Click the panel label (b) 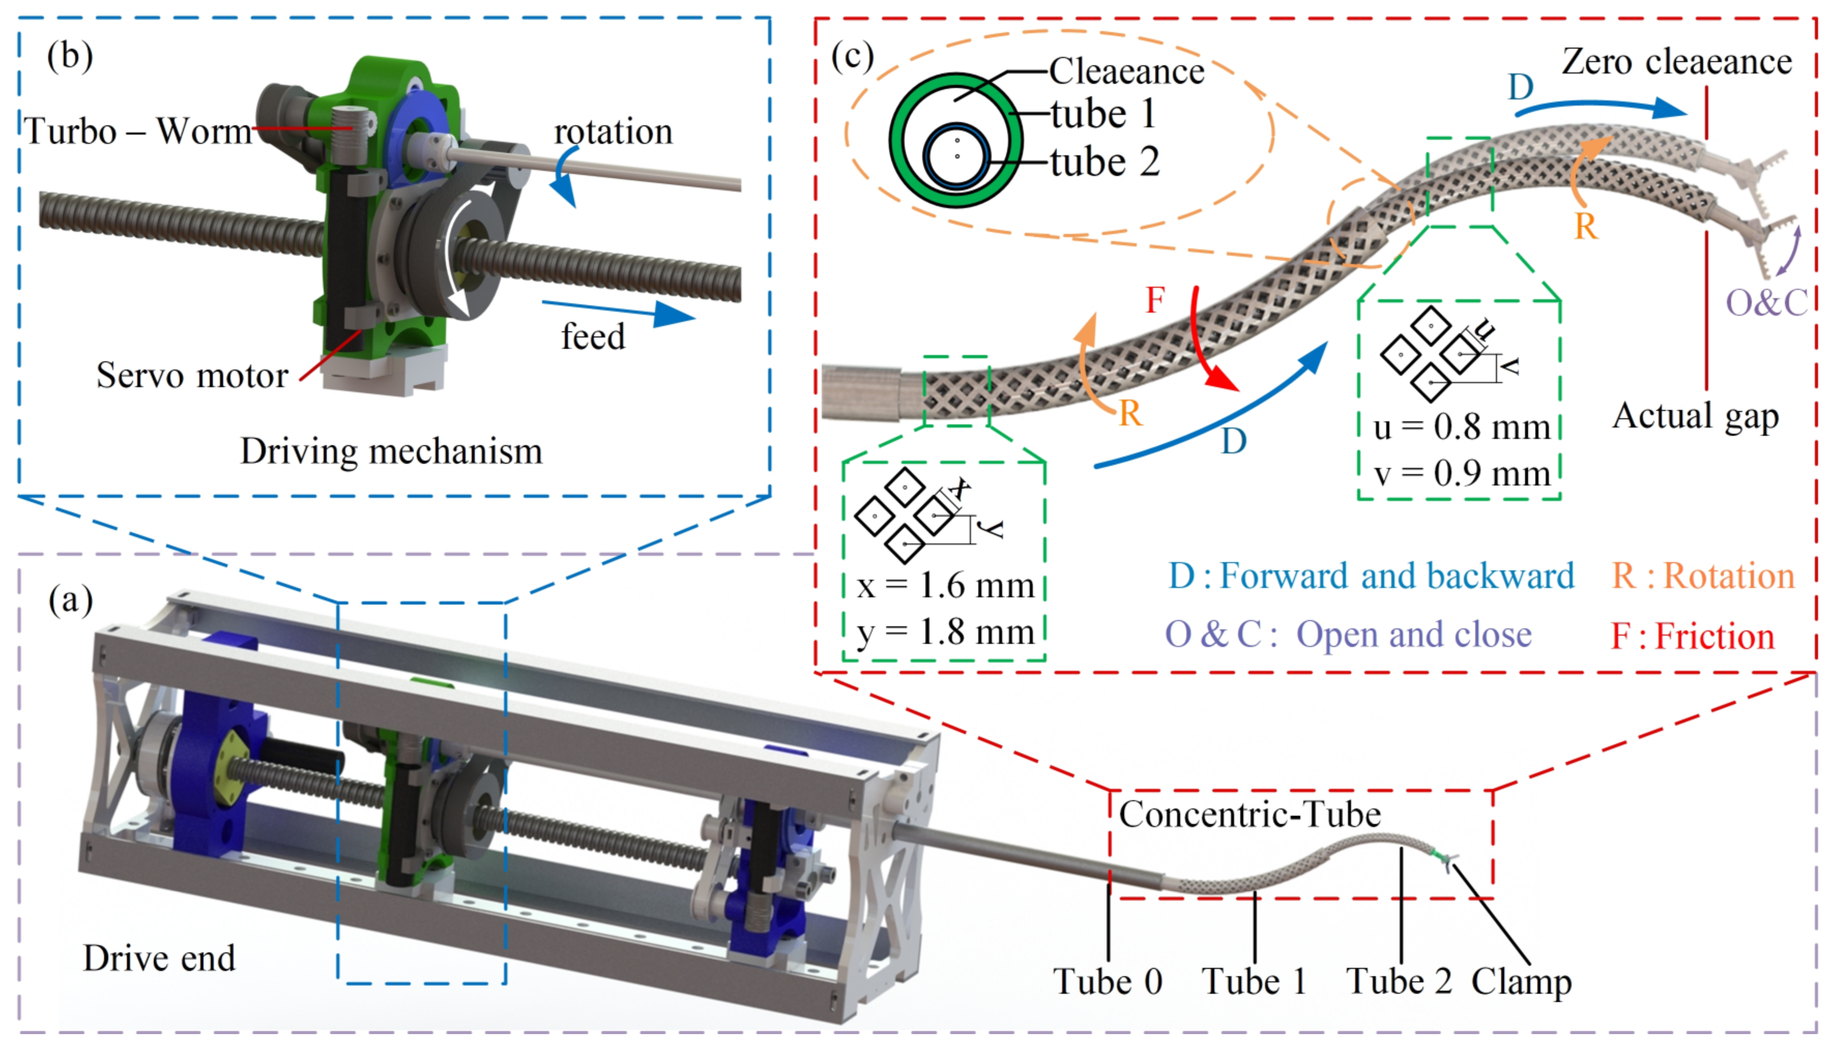point(69,56)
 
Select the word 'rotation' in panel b point(613,132)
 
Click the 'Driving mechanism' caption point(391,451)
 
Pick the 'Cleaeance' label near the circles point(1126,71)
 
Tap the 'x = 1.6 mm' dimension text point(945,586)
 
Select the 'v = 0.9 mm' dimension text point(1461,474)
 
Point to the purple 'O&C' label point(1766,303)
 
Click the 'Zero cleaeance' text point(1676,62)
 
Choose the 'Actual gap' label point(1695,416)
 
